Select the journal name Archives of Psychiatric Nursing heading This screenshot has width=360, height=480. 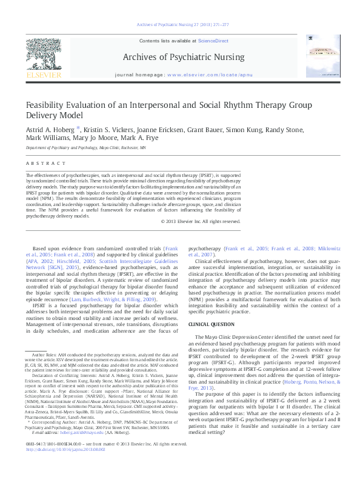pyautogui.click(x=184, y=58)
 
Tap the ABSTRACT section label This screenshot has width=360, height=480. pyautogui.click(x=38, y=163)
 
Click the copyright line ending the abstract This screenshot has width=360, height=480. pyautogui.click(x=201, y=221)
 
